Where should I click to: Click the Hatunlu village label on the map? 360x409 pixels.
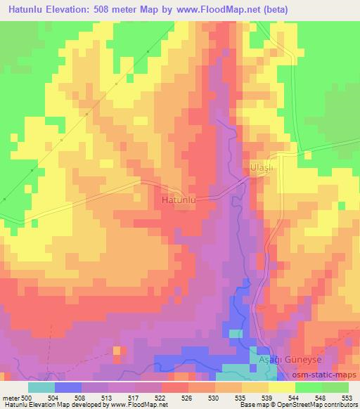click(x=179, y=200)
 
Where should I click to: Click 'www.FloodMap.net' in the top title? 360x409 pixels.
click(x=212, y=9)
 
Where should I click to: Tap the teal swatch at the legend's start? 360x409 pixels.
click(x=41, y=387)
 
